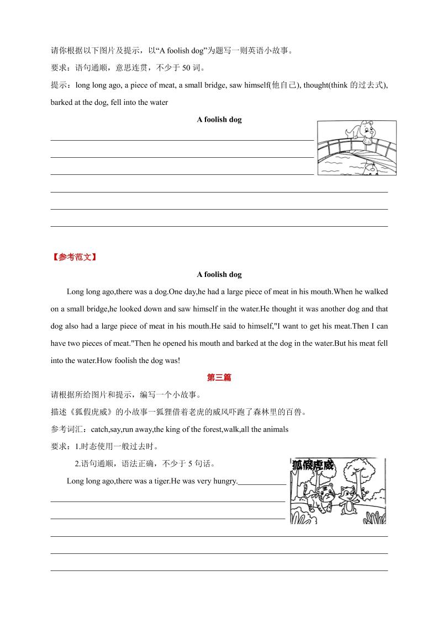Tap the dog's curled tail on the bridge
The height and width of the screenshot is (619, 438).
[x=348, y=131]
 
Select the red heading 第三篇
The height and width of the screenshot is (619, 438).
[x=219, y=378]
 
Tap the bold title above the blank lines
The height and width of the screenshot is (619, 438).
[x=219, y=120]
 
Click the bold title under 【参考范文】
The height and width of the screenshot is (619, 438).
[x=219, y=274]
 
